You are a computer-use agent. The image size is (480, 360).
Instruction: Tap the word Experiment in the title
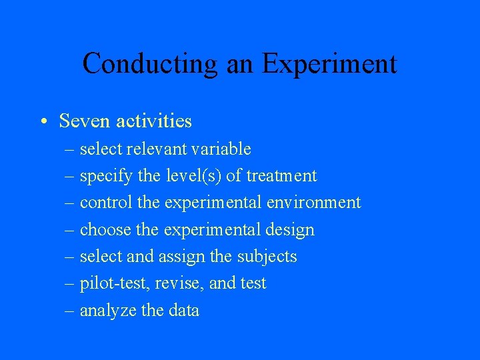pyautogui.click(x=329, y=64)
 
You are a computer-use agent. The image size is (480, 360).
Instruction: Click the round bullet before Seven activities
pyautogui.click(x=42, y=121)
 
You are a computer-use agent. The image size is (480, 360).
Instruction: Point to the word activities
pyautogui.click(x=154, y=121)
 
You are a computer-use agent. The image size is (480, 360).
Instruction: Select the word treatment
pyautogui.click(x=281, y=176)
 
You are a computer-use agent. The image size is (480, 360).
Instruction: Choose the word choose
pyautogui.click(x=101, y=230)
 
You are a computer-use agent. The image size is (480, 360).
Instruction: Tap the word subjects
pyautogui.click(x=267, y=257)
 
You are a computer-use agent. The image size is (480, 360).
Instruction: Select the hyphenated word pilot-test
pyautogui.click(x=115, y=283)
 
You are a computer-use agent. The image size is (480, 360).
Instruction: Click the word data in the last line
pyautogui.click(x=183, y=311)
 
